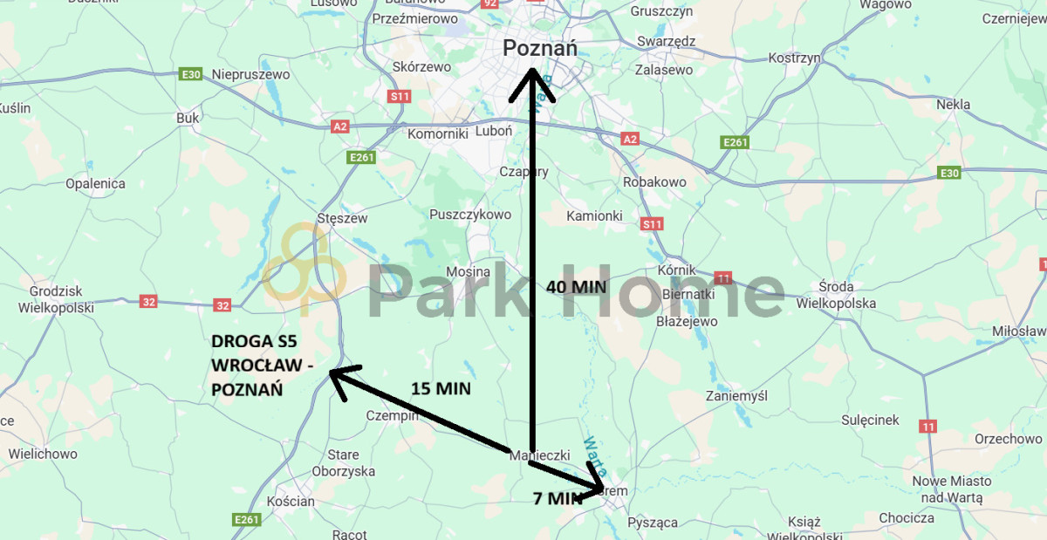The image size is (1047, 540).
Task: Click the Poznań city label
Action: point(540,49)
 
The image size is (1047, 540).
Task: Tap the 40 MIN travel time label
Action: point(576,287)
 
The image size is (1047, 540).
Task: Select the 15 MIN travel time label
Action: point(441,389)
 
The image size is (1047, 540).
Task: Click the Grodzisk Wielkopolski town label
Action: point(56,298)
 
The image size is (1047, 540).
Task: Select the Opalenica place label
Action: point(95,184)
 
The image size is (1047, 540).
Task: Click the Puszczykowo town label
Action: point(470,215)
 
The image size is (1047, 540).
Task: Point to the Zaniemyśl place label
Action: point(737,395)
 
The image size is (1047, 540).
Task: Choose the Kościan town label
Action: point(291,502)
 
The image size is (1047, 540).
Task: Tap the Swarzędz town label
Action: point(666,41)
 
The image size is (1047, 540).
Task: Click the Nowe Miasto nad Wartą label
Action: point(951,489)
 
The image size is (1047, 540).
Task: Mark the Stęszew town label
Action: point(343,218)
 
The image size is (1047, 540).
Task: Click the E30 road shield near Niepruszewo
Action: point(190,75)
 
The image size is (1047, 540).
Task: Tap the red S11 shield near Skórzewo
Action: point(400,96)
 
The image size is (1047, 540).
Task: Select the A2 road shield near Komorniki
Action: point(340,126)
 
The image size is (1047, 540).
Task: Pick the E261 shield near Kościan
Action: point(247,520)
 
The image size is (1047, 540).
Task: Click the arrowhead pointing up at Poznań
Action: point(532,83)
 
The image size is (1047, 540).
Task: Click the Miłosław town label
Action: point(1018,332)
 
